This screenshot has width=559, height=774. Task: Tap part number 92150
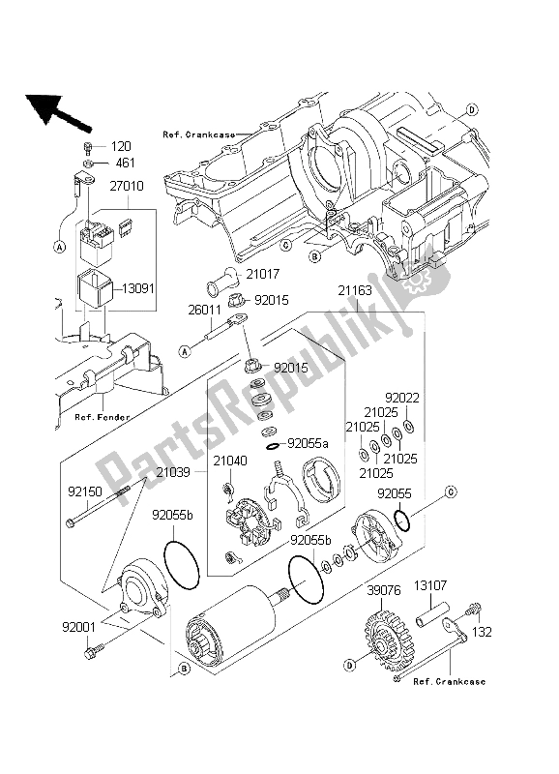86,491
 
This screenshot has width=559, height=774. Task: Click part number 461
120,164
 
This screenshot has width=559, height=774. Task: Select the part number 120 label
120,146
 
